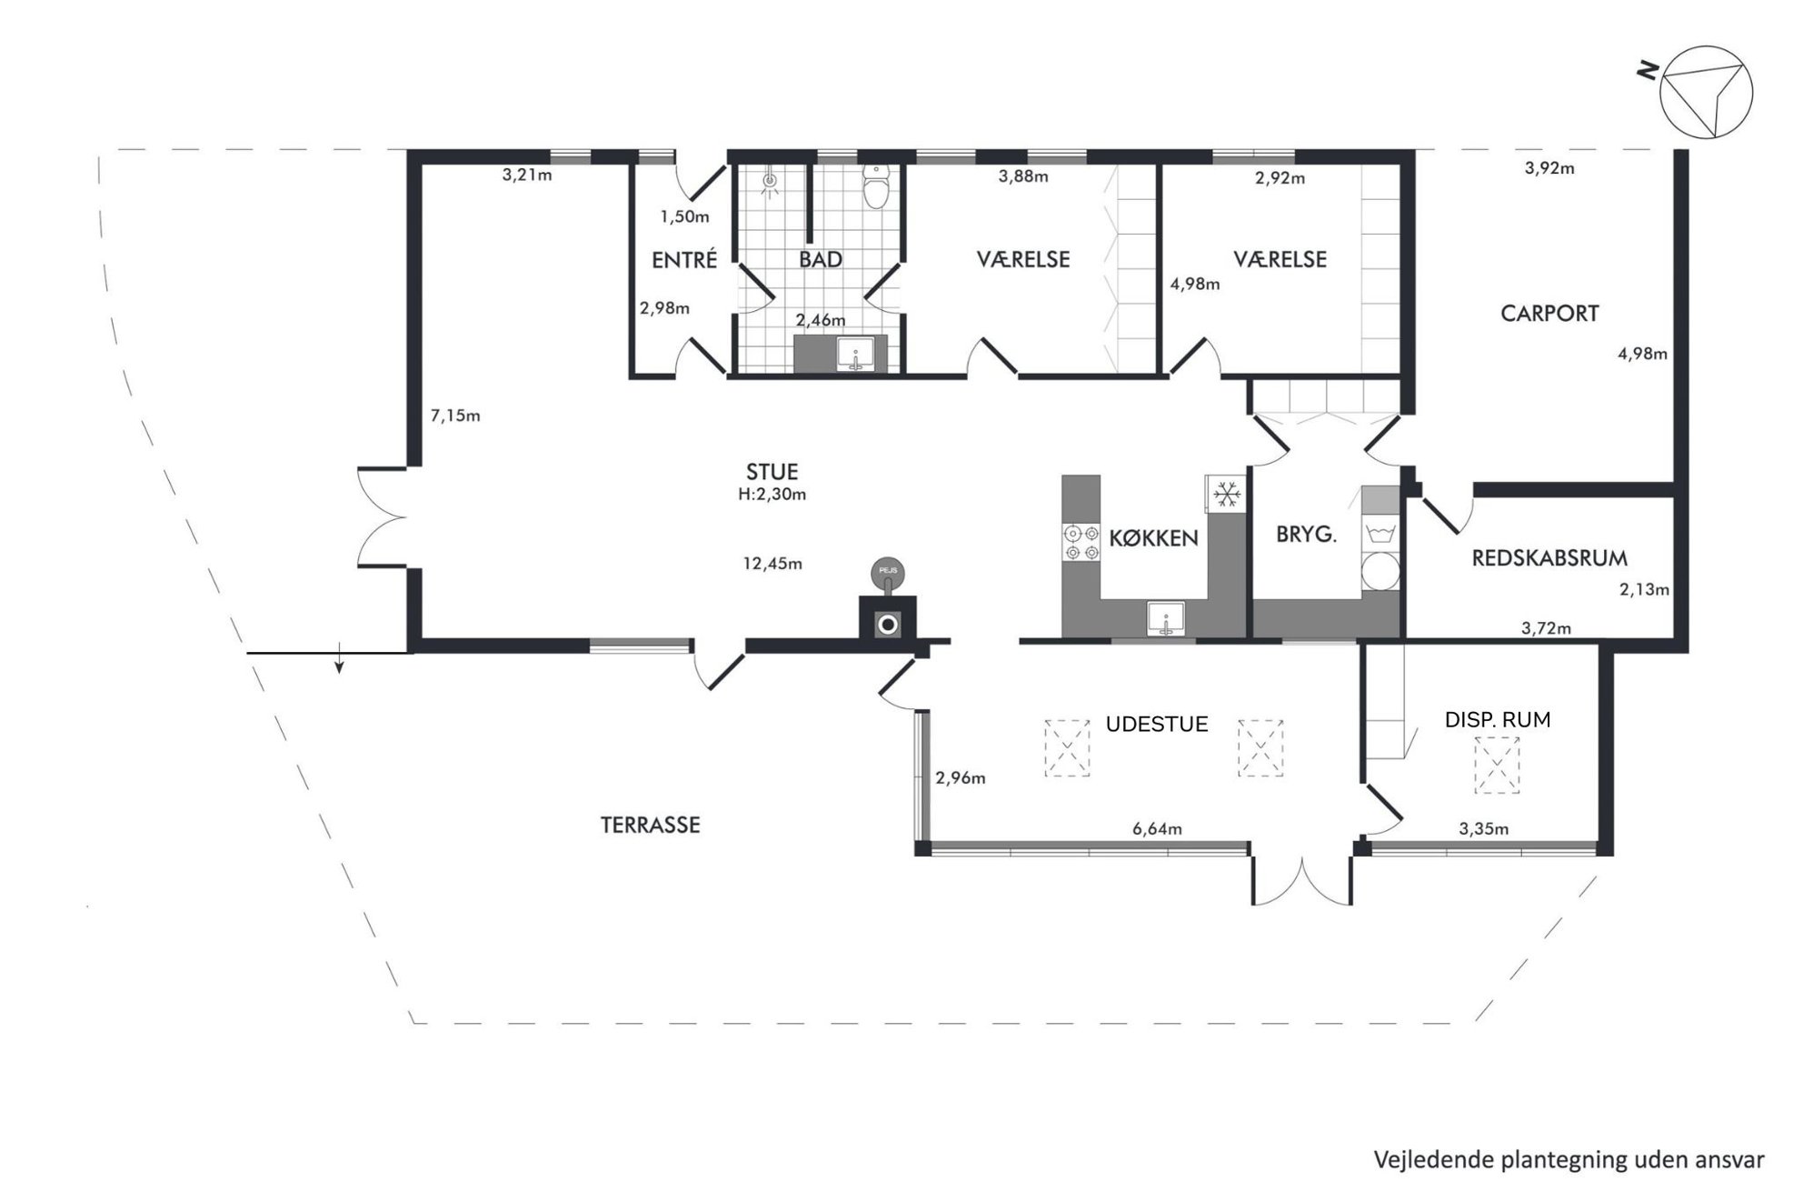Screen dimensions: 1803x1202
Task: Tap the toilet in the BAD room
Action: (x=875, y=186)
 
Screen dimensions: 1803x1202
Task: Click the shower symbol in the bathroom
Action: (x=771, y=181)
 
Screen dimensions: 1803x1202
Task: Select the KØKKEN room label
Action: (x=1153, y=537)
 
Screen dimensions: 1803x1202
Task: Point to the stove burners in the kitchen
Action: (x=1081, y=542)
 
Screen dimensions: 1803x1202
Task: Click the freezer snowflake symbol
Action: (x=1228, y=495)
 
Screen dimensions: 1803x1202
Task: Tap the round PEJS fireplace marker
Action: (x=888, y=571)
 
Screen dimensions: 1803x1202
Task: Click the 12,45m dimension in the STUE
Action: (x=772, y=564)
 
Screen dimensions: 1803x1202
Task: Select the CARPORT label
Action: (x=1549, y=314)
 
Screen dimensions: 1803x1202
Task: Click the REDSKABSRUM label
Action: (x=1549, y=558)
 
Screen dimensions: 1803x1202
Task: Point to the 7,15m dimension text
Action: (x=455, y=416)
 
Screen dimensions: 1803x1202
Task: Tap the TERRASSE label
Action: (x=651, y=826)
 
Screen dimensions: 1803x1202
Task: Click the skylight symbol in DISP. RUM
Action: (x=1497, y=765)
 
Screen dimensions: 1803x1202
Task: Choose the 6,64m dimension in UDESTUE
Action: (x=1157, y=828)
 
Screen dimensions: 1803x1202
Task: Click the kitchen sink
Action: (x=1166, y=618)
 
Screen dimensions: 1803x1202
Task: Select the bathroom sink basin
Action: (x=855, y=355)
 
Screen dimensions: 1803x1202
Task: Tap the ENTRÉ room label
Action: (x=684, y=260)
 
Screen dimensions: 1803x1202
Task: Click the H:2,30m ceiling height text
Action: (x=772, y=495)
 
